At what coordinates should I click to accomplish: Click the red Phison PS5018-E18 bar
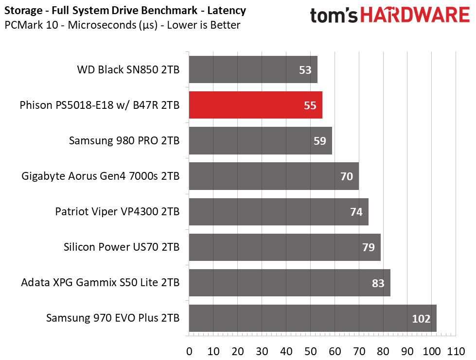256,105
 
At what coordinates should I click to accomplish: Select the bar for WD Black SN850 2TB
253,69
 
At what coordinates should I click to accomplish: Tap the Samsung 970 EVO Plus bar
313,318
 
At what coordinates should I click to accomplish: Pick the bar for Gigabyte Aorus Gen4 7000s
274,176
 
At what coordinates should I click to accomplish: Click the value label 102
421,319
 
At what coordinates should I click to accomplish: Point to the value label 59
319,141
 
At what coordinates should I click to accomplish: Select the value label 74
356,212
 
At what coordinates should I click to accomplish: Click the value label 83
378,283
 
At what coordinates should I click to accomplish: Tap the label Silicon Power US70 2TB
122,247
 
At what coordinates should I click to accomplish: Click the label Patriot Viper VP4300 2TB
117,211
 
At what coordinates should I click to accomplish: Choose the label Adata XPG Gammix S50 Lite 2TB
100,283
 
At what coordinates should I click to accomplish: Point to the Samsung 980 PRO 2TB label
124,141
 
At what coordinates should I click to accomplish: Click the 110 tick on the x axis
456,352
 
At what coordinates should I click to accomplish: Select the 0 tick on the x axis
189,352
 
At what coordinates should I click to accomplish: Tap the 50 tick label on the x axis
310,352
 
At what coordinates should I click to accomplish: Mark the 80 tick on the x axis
383,352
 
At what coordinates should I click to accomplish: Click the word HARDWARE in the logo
415,15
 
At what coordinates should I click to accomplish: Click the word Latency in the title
227,11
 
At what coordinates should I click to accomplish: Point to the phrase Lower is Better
203,25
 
